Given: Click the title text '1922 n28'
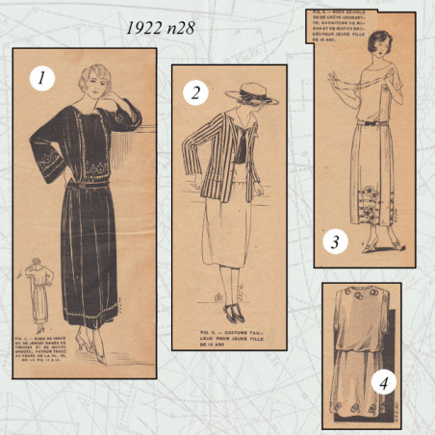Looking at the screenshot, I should pyautogui.click(x=160, y=28).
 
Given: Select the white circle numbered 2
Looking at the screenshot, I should pyautogui.click(x=195, y=92).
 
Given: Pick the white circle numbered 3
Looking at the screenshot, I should pyautogui.click(x=335, y=242).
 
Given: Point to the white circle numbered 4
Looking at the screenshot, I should pyautogui.click(x=383, y=383).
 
